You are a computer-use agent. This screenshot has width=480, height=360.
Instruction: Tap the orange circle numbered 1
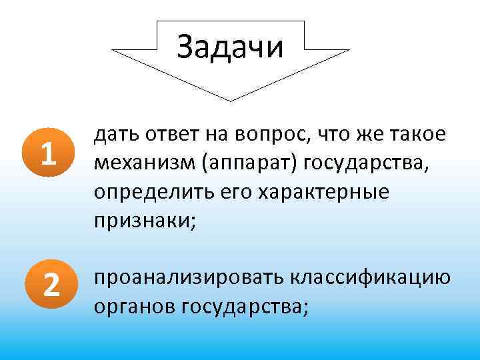point(47,156)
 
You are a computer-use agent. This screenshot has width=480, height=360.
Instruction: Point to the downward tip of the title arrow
point(231,99)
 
